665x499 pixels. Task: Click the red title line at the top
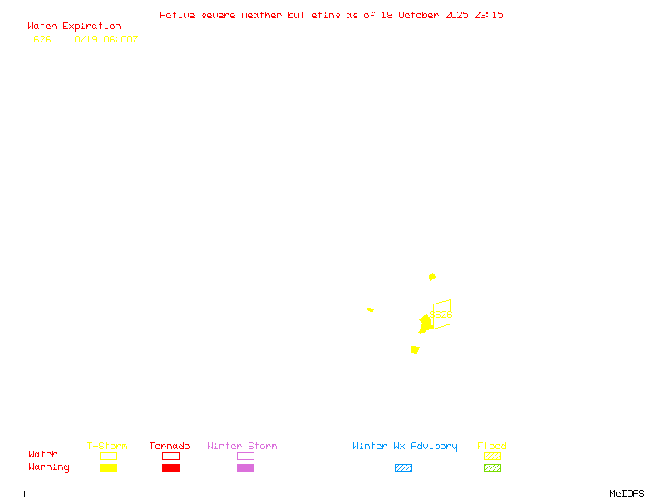(331, 15)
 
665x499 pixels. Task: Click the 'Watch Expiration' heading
(74, 27)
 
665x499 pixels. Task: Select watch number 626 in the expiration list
(42, 39)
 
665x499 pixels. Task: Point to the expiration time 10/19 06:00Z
(103, 39)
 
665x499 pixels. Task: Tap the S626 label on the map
(441, 315)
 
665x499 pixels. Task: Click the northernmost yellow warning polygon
(431, 277)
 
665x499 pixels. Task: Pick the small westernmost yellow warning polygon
(371, 309)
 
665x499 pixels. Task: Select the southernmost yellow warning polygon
(415, 350)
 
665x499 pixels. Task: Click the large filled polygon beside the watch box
(425, 324)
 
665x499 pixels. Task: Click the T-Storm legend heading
(107, 447)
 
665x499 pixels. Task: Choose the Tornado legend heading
(170, 447)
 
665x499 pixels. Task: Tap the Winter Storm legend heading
(242, 447)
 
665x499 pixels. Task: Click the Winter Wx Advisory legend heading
(405, 447)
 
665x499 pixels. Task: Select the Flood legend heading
(492, 447)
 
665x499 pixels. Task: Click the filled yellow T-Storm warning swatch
(108, 467)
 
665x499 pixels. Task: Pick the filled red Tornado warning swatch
(170, 467)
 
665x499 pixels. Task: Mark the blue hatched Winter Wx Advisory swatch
(403, 467)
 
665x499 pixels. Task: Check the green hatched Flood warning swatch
(492, 467)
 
